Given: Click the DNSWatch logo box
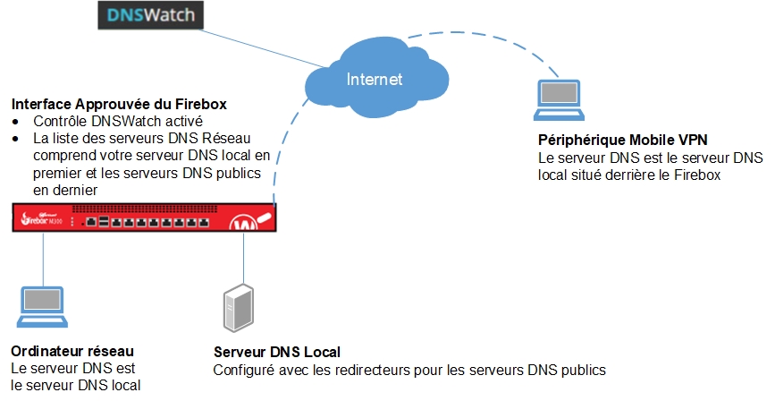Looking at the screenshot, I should click(150, 15).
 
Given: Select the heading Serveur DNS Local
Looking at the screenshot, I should click(277, 352).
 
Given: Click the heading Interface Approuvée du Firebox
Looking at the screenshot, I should click(118, 105).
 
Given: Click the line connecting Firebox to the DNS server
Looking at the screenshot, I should click(242, 260).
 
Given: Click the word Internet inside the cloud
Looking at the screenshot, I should click(375, 79).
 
